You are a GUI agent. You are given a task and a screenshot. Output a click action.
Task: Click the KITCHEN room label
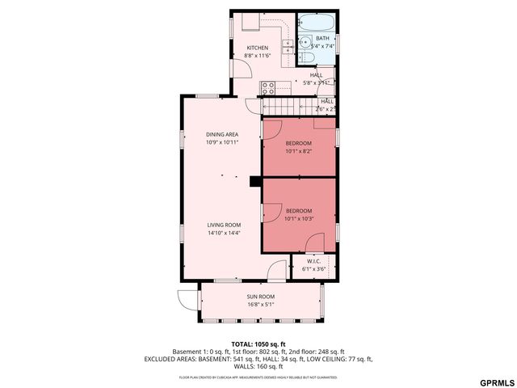257,48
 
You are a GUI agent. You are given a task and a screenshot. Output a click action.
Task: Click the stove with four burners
268,88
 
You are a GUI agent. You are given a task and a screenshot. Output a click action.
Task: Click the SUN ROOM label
261,297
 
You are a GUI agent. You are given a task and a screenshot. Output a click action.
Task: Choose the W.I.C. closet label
313,261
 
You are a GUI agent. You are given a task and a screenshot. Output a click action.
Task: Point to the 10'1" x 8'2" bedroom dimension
298,150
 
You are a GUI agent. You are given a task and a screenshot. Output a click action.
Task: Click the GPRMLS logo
495,382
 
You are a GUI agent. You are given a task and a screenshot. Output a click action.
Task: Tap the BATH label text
322,38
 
